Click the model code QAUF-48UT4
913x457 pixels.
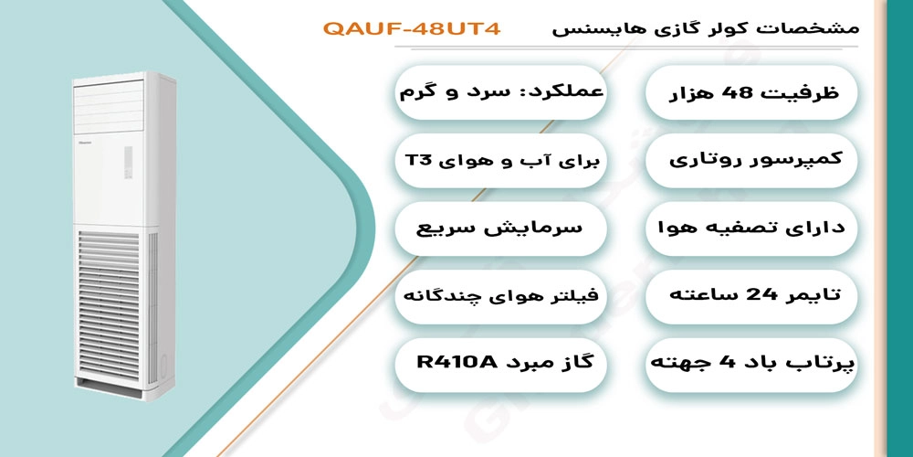(x=412, y=28)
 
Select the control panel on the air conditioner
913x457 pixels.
(x=128, y=163)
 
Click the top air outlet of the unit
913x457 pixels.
(x=109, y=107)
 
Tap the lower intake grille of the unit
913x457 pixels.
(x=110, y=307)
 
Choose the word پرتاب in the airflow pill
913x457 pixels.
(x=826, y=364)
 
